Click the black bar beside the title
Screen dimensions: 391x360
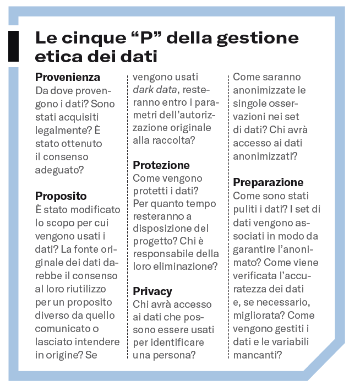tap(13, 46)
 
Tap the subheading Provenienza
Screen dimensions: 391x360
tap(68, 77)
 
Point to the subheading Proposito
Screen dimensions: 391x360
tap(61, 196)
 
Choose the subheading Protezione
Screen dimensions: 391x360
tap(161, 165)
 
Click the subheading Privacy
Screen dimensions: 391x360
tap(152, 291)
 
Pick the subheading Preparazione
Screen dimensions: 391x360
tap(268, 182)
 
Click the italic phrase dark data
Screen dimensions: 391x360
tap(155, 90)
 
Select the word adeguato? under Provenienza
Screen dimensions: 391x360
tap(59, 170)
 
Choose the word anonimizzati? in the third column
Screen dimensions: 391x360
tap(265, 156)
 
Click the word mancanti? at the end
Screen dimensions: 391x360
tap(258, 355)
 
